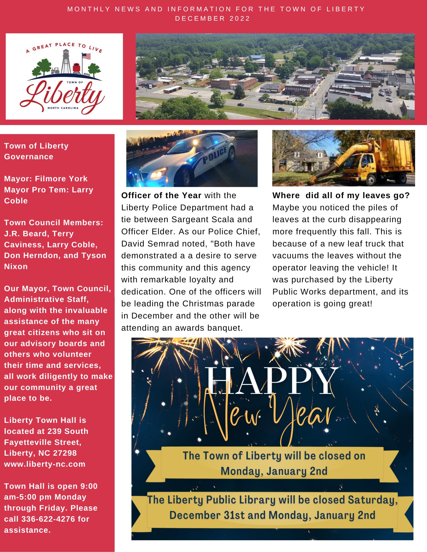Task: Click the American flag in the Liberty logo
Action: (x=87, y=57)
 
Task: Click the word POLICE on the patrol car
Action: (x=215, y=156)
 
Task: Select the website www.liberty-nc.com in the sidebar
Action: (x=45, y=464)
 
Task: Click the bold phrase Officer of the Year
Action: (x=161, y=195)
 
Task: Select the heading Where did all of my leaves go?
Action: (x=341, y=195)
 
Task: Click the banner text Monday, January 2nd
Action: (x=274, y=471)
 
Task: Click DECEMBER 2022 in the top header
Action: (x=213, y=18)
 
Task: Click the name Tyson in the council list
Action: (x=94, y=255)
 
